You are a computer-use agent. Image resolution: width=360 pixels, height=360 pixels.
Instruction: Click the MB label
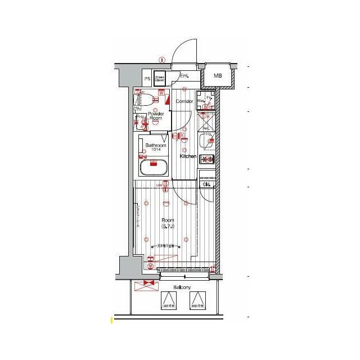tap(217, 75)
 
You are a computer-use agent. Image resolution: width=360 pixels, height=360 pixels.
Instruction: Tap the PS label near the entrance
tap(147, 79)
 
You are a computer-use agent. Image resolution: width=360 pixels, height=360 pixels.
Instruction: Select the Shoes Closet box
tap(160, 79)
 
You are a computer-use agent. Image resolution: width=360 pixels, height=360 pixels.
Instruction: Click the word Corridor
tap(184, 101)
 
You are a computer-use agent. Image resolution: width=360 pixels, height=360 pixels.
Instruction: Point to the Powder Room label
tap(155, 116)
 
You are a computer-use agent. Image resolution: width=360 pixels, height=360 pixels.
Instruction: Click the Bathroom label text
tap(155, 145)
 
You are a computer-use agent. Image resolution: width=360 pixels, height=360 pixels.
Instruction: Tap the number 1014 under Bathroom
tap(155, 150)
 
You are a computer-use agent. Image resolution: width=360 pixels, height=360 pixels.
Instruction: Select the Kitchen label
tap(188, 156)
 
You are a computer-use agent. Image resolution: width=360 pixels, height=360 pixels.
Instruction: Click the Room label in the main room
tap(168, 220)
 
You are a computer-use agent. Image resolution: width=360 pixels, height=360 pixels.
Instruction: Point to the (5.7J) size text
tap(168, 226)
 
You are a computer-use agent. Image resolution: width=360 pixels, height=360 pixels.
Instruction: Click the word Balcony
tap(182, 287)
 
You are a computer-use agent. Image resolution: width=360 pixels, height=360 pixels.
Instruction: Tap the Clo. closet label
tap(206, 184)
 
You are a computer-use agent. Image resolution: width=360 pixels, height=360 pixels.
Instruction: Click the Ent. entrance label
tap(184, 75)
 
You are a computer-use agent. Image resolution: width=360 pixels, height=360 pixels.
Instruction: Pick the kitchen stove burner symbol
tap(206, 160)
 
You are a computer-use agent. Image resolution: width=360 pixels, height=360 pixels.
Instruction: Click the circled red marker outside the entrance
tap(161, 59)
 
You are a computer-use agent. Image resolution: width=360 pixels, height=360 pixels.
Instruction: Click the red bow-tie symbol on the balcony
tap(148, 283)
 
